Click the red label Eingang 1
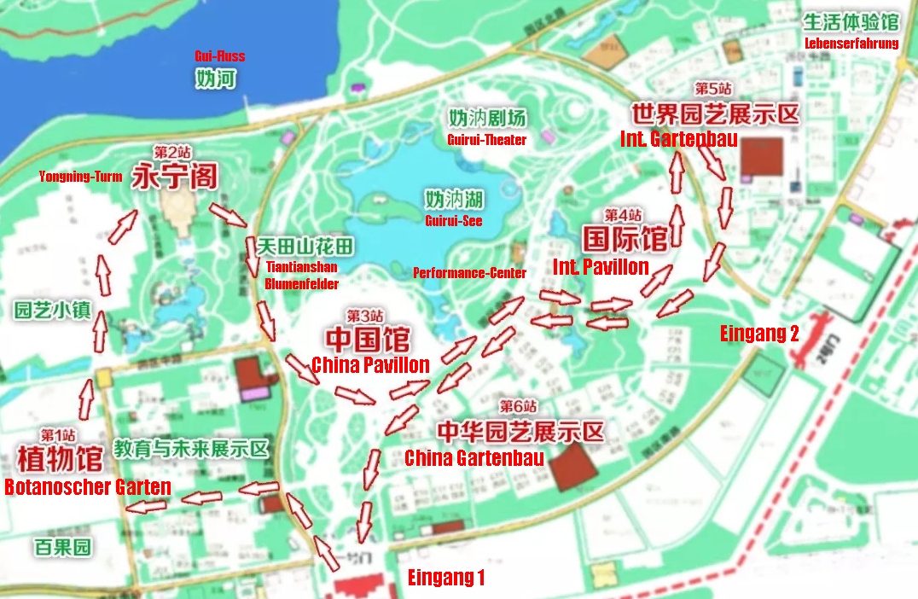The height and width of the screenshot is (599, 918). click(x=445, y=578)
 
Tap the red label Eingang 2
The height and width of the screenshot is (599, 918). click(x=759, y=334)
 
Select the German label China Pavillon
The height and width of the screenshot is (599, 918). click(x=370, y=365)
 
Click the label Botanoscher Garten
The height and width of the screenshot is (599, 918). click(x=88, y=487)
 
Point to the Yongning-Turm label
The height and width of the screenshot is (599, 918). click(x=81, y=177)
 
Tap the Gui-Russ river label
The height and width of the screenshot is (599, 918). click(x=220, y=56)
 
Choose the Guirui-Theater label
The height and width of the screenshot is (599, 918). click(x=486, y=139)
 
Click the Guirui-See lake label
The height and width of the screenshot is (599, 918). click(x=453, y=221)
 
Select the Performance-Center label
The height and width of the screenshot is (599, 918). click(x=469, y=273)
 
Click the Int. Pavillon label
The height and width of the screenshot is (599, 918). click(x=601, y=267)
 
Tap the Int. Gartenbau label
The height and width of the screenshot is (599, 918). click(x=678, y=139)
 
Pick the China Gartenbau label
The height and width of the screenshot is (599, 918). click(x=474, y=458)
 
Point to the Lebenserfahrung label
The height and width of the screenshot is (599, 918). click(x=851, y=43)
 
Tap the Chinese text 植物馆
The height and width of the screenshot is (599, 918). click(x=60, y=458)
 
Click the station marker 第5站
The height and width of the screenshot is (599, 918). click(x=713, y=89)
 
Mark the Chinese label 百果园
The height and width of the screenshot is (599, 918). click(x=61, y=546)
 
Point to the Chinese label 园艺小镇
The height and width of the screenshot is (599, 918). click(x=52, y=310)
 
